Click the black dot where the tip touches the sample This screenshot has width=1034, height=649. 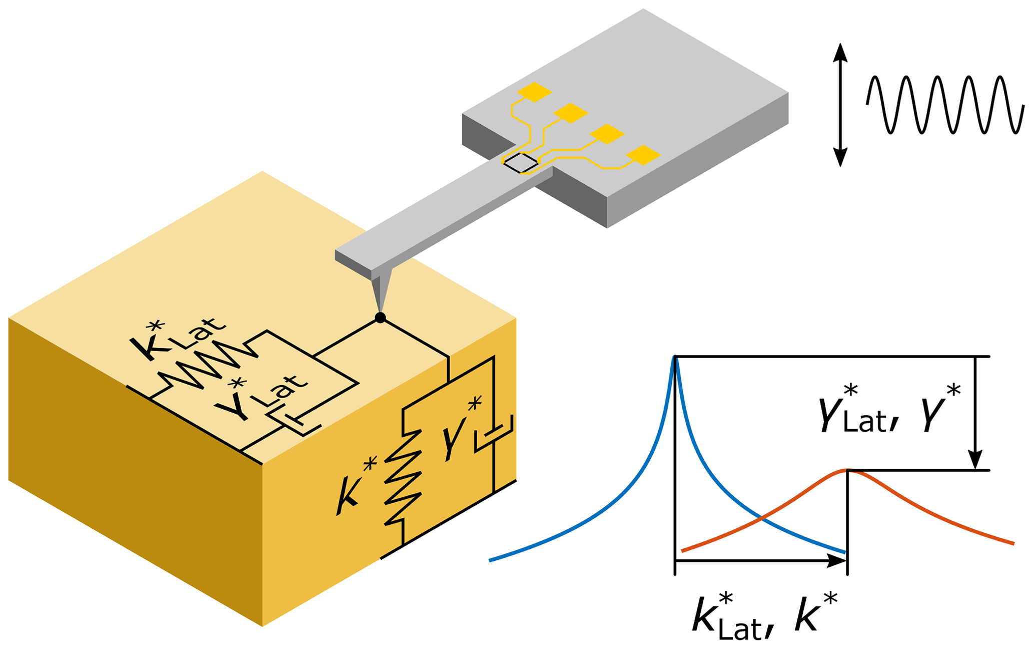380,317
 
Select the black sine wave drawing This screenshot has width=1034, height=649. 944,105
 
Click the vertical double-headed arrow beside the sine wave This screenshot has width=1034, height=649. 840,105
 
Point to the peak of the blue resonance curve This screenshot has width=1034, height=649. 675,357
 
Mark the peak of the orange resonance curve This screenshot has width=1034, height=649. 847,470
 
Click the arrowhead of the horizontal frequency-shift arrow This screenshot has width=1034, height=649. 836,561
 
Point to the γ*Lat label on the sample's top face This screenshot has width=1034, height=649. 260,398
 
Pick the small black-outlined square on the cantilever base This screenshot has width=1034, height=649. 521,163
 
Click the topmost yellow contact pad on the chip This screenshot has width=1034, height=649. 534,92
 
